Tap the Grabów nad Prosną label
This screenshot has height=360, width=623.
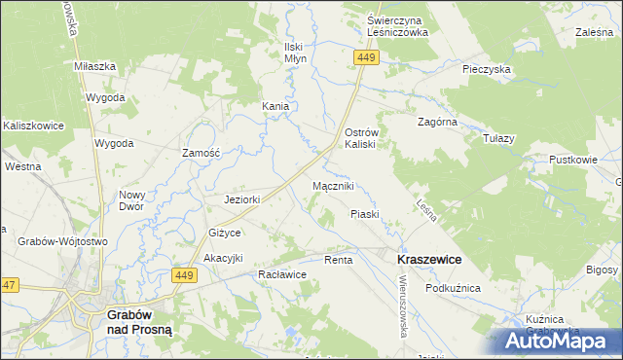click(138, 322)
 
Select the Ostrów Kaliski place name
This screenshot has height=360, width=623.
click(367, 137)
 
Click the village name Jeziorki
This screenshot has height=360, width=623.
click(243, 200)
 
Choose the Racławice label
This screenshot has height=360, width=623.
click(283, 275)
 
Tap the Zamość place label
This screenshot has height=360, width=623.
click(202, 153)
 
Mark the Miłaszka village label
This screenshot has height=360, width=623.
click(95, 66)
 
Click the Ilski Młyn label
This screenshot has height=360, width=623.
click(295, 53)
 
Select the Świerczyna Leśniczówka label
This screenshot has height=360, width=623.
click(398, 25)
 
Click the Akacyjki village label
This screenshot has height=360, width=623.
click(223, 257)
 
